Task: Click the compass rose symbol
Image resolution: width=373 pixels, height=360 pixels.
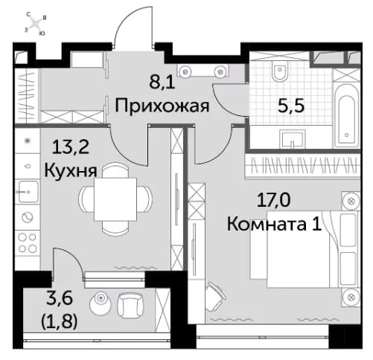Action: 36,25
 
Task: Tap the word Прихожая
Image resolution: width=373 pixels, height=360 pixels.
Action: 162,106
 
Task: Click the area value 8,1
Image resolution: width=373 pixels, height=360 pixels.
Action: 162,82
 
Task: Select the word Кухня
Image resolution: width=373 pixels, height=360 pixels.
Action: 71,171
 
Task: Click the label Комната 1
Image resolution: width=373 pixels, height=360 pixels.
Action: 274,225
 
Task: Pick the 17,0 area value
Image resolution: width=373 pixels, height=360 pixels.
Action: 273,200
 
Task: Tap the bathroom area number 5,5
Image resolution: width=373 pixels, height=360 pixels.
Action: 291,107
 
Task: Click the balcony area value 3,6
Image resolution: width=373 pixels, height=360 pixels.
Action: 60,298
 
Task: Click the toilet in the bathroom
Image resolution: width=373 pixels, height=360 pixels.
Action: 280,70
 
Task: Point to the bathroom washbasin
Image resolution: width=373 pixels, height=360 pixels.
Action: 293,139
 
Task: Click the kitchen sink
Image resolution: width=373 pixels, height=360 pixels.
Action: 28,191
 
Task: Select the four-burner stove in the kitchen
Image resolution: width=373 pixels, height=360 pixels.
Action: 28,243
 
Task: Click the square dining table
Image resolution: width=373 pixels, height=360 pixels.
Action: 115,199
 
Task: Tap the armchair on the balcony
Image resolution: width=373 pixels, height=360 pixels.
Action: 130,305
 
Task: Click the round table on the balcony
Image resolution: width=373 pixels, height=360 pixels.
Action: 101,302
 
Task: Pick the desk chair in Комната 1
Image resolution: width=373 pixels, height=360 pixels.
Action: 215,296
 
